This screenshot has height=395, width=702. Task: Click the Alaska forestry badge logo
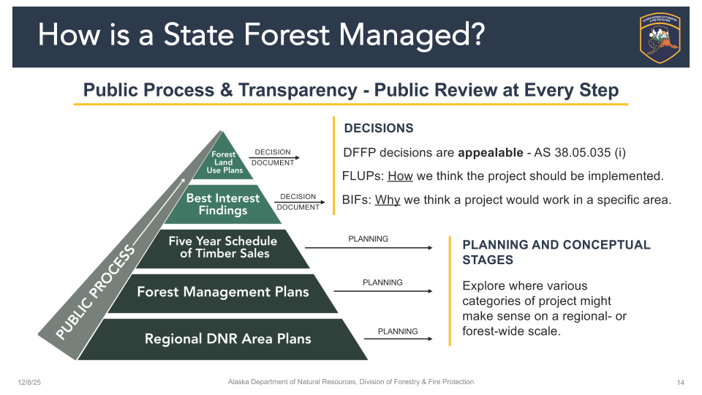pyautogui.click(x=660, y=37)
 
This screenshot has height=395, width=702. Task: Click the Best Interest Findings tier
pyautogui.click(x=222, y=204)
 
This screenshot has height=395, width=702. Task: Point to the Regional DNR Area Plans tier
pyautogui.click(x=222, y=339)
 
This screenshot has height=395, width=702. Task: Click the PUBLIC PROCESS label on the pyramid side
pyautogui.click(x=95, y=292)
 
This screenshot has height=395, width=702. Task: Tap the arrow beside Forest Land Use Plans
pyautogui.click(x=274, y=158)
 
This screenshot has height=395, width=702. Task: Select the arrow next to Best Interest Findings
pyautogui.click(x=300, y=202)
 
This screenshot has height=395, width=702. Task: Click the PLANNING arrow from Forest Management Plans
pyautogui.click(x=383, y=291)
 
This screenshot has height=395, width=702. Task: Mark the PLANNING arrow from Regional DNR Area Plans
pyautogui.click(x=399, y=339)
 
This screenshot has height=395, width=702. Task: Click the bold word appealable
pyautogui.click(x=490, y=153)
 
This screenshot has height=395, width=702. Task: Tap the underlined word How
pyautogui.click(x=400, y=176)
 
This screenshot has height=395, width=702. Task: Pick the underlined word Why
pyautogui.click(x=388, y=200)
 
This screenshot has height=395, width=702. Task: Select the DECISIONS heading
pyautogui.click(x=379, y=129)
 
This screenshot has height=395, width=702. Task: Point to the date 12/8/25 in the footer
pyautogui.click(x=29, y=383)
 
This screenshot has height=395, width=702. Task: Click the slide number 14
pyautogui.click(x=681, y=383)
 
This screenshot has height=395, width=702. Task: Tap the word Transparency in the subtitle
pyautogui.click(x=298, y=91)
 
